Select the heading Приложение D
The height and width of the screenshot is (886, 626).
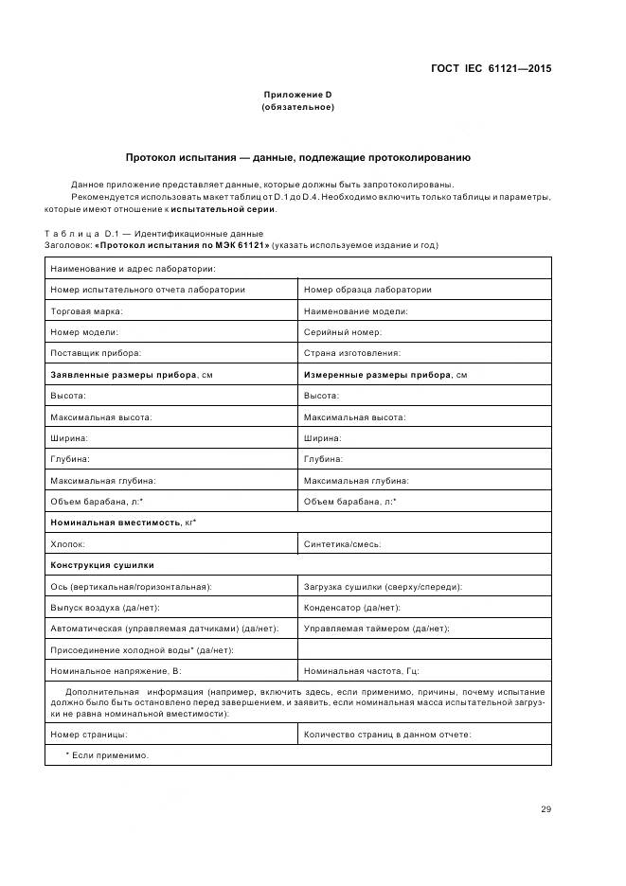pos(297,95)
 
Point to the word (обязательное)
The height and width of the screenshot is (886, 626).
pos(297,107)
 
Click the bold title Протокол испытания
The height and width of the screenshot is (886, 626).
pos(297,157)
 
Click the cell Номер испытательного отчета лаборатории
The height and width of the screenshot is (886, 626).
pos(148,290)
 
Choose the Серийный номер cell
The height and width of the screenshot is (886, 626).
pos(343,332)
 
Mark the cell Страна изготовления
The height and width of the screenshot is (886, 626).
pos(352,353)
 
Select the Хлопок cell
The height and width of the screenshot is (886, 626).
pos(68,544)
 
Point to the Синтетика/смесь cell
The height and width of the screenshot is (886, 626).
pos(343,544)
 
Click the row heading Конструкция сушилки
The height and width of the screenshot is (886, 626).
pos(101,565)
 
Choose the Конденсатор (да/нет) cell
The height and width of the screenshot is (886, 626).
pos(352,608)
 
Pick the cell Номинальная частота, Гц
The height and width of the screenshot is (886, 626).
pos(361,671)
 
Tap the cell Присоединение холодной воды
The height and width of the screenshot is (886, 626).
pos(142,650)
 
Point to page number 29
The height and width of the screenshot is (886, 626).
pos(546,809)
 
